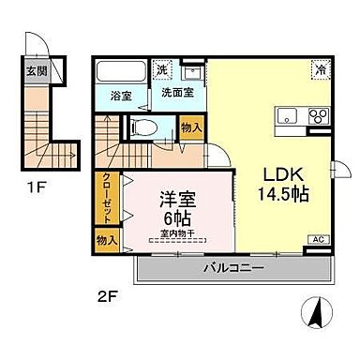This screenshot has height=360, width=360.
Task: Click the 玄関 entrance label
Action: click(x=33, y=70)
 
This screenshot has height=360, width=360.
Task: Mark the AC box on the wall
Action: click(x=317, y=241)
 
